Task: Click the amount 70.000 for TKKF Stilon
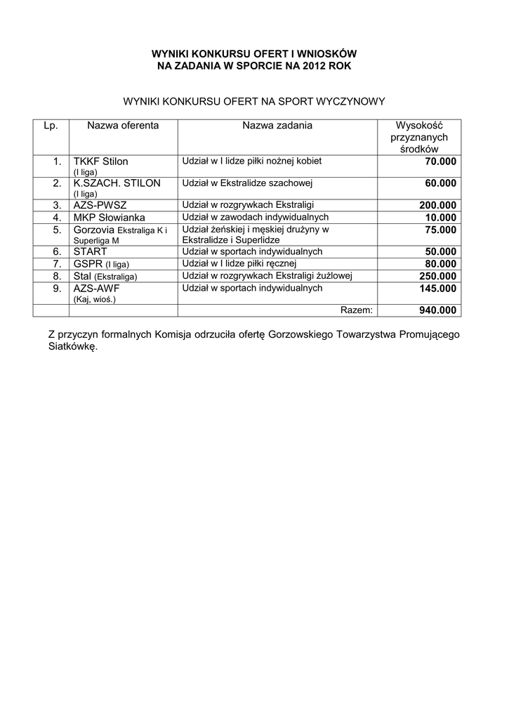441,161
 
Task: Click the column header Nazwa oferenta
123,126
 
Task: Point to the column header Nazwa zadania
277,126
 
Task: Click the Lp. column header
50,126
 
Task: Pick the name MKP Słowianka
109,217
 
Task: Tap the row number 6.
58,251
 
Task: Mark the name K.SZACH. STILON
117,183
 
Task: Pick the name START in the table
90,251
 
